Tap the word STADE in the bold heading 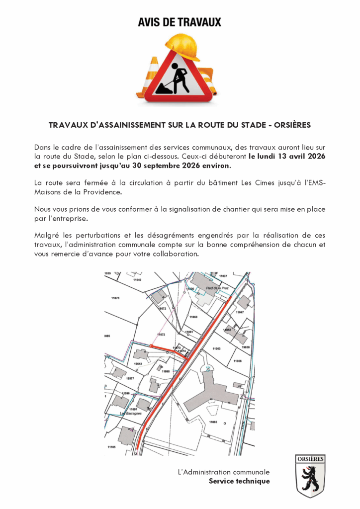pos(246,125)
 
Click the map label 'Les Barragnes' pos(131,414)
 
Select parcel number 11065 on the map pos(213,422)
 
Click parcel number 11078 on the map pos(115,298)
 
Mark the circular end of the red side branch pos(151,344)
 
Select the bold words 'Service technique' pos(239,481)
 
